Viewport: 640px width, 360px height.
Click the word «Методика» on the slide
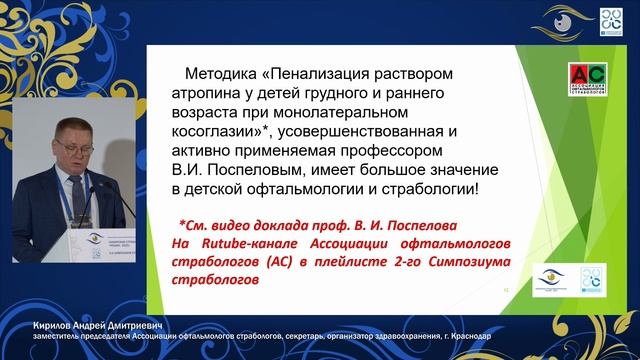point(223,75)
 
